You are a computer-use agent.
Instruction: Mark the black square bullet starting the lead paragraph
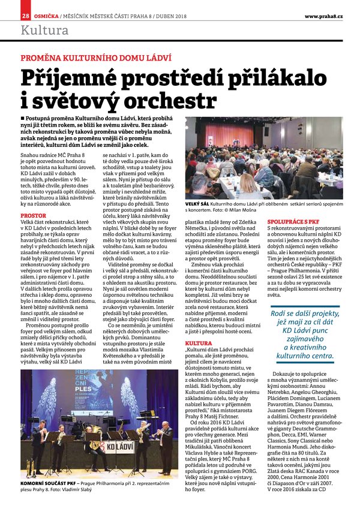(x=23, y=119)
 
